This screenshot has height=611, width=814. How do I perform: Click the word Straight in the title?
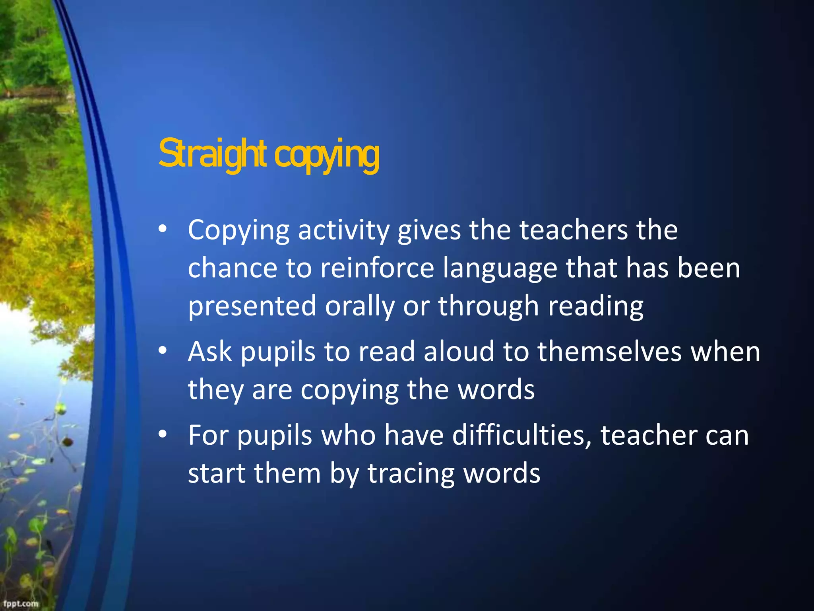(212, 154)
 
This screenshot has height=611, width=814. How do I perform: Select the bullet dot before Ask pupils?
(162, 351)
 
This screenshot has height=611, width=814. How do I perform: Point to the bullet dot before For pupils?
(162, 434)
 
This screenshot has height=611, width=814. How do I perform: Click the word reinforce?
(377, 268)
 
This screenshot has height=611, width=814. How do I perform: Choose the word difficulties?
(522, 435)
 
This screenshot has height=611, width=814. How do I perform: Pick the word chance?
(232, 268)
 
